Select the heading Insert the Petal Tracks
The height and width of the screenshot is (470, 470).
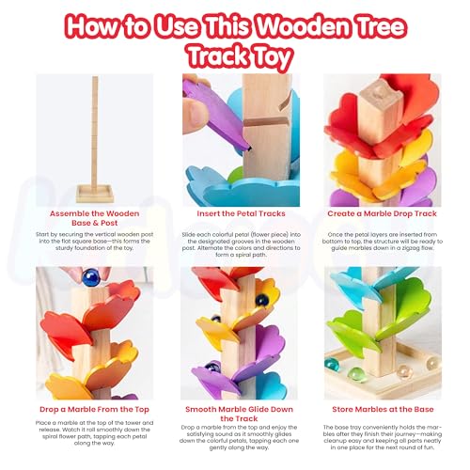[x=234, y=212]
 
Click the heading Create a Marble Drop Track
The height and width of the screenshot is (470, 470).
[x=381, y=212]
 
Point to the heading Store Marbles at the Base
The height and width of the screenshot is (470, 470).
[x=381, y=409]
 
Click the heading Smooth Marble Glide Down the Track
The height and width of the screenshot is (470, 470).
[x=234, y=415]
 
